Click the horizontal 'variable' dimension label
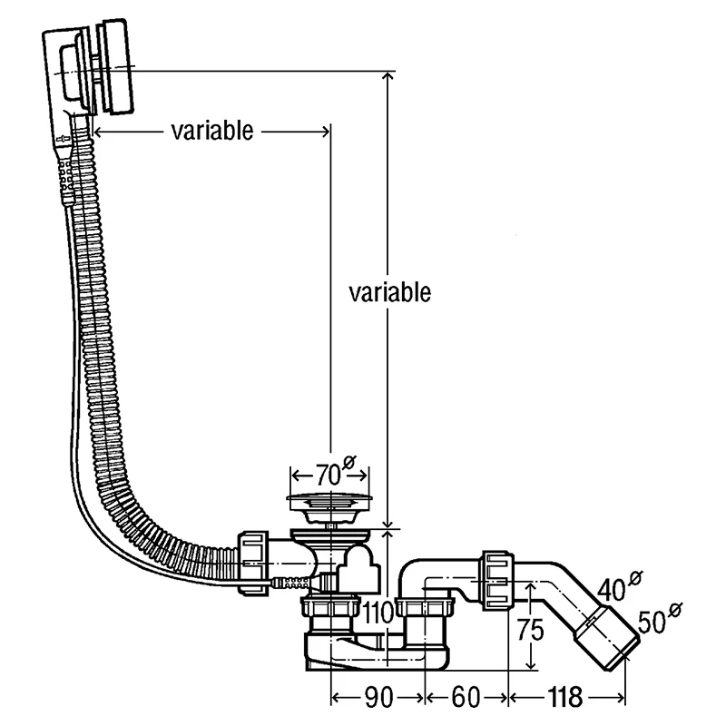[212, 131]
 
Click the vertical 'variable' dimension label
[390, 292]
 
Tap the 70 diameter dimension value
[329, 475]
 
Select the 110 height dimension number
[378, 613]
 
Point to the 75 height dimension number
[531, 630]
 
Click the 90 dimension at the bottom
[379, 697]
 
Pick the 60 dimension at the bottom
[466, 697]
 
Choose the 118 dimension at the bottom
[564, 697]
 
